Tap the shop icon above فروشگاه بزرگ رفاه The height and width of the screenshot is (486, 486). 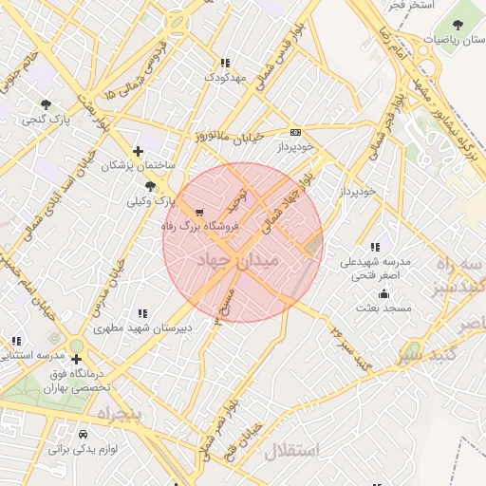tap(198, 213)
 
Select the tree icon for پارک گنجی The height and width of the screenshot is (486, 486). tap(46, 103)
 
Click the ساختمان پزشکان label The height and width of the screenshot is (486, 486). tap(140, 165)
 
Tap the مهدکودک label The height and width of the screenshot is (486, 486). tap(225, 76)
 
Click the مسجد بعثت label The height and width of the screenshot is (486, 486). tap(382, 308)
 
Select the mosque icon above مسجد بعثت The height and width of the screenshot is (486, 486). tap(383, 292)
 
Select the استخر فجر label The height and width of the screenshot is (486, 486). tap(410, 6)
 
